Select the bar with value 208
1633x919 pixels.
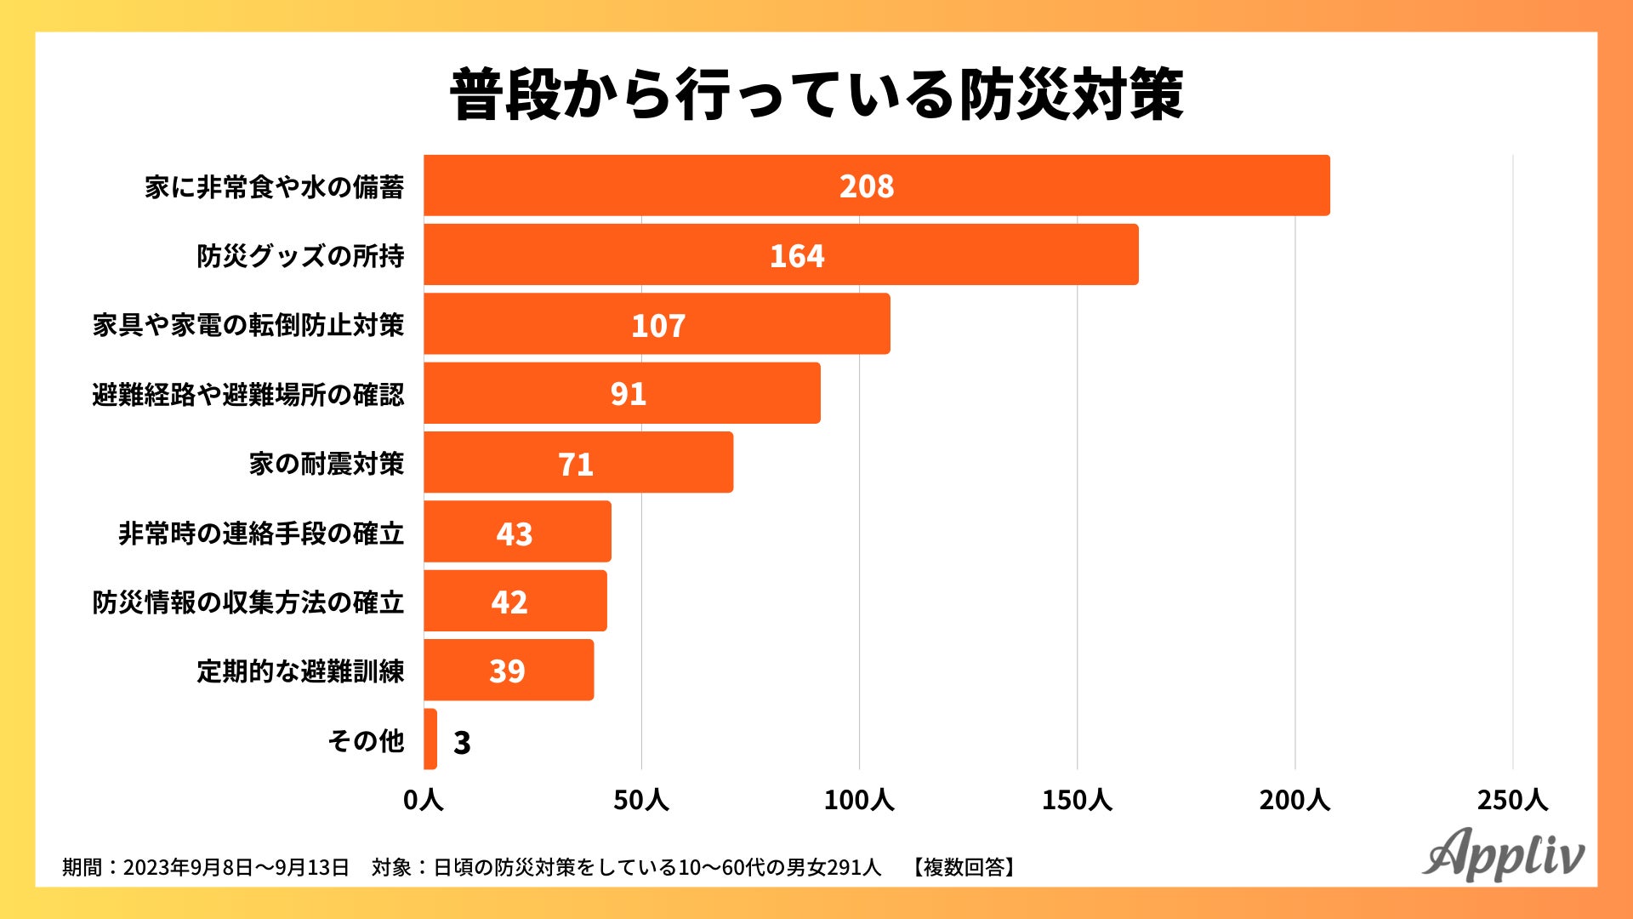(876, 186)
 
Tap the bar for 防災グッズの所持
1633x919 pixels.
(781, 255)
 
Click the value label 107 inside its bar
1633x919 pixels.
(658, 325)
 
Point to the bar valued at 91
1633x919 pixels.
(622, 393)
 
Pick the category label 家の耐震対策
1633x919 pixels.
(327, 464)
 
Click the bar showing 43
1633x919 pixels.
(517, 532)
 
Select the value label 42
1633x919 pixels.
(509, 602)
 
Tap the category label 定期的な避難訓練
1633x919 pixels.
(300, 671)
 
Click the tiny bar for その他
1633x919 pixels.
(430, 739)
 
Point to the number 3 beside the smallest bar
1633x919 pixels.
(462, 742)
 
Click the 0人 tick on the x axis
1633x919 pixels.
(423, 800)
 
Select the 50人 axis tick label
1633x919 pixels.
(641, 800)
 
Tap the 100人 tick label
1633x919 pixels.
(859, 800)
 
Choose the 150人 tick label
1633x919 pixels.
(1077, 800)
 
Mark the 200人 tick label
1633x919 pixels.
(1294, 800)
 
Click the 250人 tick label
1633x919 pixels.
(1512, 800)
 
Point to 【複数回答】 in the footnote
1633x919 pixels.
(964, 867)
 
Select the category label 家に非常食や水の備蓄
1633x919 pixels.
(274, 187)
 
